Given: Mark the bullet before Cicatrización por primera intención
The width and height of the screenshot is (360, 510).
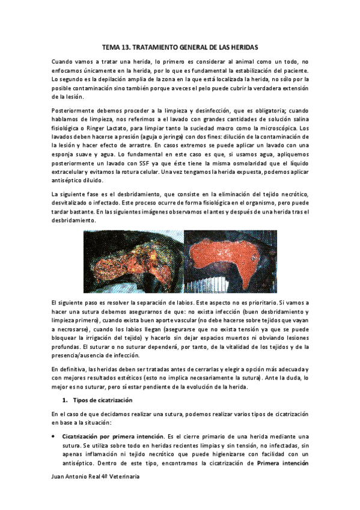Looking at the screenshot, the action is click(54, 435).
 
